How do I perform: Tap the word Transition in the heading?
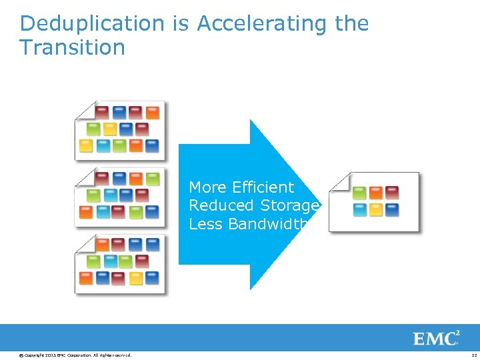72,47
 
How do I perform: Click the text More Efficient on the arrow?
241,187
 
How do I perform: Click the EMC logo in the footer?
436,338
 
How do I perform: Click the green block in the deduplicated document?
359,193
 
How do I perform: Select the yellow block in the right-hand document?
376,210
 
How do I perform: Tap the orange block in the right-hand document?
376,193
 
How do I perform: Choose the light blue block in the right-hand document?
359,210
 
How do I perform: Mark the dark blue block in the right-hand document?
392,210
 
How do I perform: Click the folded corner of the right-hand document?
340,181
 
